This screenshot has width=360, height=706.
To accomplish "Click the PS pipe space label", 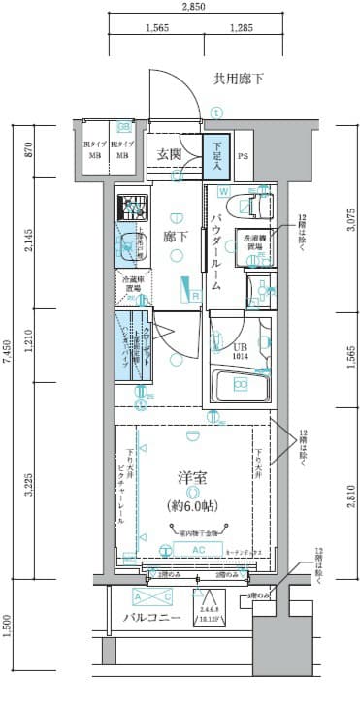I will pos(244,155).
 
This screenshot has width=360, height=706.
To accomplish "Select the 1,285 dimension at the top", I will pos(242,29).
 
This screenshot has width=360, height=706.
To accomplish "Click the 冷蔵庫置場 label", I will pos(133,283).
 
